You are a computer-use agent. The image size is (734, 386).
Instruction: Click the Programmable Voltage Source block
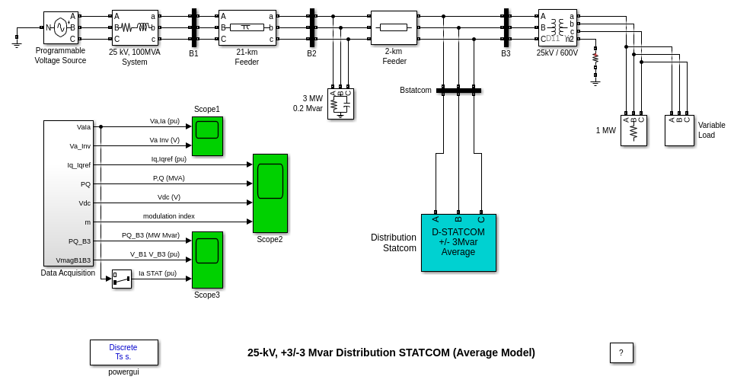pyautogui.click(x=61, y=27)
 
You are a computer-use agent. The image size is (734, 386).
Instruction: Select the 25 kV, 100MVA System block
pyautogui.click(x=135, y=27)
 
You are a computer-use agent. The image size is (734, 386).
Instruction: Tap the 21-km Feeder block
pyautogui.click(x=247, y=27)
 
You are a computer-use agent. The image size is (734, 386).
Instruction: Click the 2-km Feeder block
pyautogui.click(x=394, y=27)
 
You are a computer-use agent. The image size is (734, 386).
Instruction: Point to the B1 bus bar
pyautogui.click(x=194, y=27)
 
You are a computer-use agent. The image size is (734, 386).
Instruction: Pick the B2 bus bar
pyautogui.click(x=312, y=27)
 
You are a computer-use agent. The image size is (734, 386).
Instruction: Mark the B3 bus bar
pyautogui.click(x=506, y=27)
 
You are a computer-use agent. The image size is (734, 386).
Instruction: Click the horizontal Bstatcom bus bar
pyautogui.click(x=458, y=91)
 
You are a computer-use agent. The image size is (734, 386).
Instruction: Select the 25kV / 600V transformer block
pyautogui.click(x=557, y=27)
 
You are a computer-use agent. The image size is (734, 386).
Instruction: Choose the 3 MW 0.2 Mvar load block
pyautogui.click(x=340, y=104)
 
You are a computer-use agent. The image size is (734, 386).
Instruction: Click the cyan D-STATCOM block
pyautogui.click(x=458, y=242)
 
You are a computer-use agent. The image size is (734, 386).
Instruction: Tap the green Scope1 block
pyautogui.click(x=207, y=136)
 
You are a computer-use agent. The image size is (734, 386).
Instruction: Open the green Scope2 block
pyautogui.click(x=270, y=193)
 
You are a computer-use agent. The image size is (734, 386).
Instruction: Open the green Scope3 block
pyautogui.click(x=207, y=260)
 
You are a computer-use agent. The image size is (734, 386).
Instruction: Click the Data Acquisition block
pyautogui.click(x=68, y=193)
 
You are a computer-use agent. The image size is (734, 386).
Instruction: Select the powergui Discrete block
pyautogui.click(x=124, y=352)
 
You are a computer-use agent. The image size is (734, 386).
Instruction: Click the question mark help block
pyautogui.click(x=621, y=353)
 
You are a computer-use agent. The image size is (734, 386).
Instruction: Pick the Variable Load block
pyautogui.click(x=679, y=130)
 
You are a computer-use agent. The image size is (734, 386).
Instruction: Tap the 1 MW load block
pyautogui.click(x=633, y=130)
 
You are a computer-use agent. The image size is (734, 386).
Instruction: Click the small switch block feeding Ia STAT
pyautogui.click(x=122, y=279)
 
